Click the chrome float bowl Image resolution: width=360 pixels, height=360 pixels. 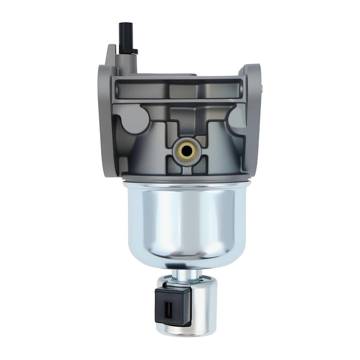click(180, 220)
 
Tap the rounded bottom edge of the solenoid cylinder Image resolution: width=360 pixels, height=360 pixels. click(189, 332)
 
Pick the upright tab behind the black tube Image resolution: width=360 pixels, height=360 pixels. click(111, 56)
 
